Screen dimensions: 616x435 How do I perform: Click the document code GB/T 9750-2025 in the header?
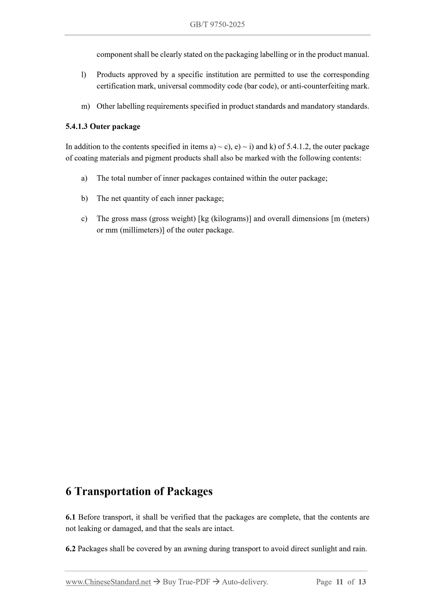point(217,25)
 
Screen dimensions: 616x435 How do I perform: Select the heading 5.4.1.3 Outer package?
point(103,126)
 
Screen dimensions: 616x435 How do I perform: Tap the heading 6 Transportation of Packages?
point(139,491)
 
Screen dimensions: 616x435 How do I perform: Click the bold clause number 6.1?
point(70,517)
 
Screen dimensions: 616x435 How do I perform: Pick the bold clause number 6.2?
point(70,549)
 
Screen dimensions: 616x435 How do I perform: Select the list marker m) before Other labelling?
point(85,106)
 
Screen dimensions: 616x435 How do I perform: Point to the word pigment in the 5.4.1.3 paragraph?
point(157,158)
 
